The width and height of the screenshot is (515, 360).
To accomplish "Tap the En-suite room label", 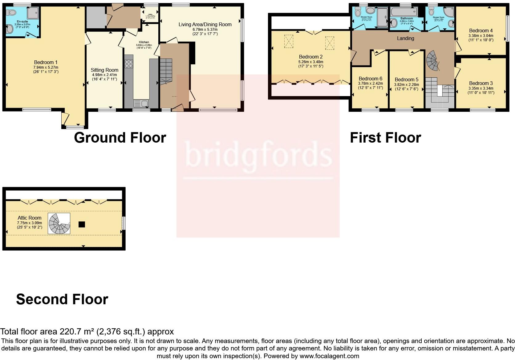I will click(x=22, y=22).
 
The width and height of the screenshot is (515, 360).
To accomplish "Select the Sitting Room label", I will click(x=104, y=70).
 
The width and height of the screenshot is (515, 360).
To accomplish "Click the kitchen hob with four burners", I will click(x=129, y=64).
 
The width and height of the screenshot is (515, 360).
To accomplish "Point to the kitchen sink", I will click(x=141, y=103).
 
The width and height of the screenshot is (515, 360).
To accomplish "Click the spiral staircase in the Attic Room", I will click(x=59, y=223).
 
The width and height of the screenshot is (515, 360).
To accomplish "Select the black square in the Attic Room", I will click(x=81, y=224).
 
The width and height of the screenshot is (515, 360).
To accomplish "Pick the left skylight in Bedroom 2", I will click(x=289, y=42).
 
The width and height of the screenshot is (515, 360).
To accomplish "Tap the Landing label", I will click(x=405, y=38).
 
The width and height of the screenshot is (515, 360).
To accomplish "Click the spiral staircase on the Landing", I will click(x=433, y=60).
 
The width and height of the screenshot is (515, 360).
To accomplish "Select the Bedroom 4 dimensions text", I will click(x=481, y=38).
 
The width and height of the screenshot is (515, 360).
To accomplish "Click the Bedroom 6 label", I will click(x=370, y=79).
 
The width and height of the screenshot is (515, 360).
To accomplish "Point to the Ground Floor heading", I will click(x=120, y=138).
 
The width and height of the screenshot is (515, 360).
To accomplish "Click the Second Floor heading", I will click(x=62, y=299).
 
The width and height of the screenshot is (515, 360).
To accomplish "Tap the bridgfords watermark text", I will click(x=258, y=156).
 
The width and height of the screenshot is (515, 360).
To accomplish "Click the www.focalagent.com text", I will click(x=329, y=356).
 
